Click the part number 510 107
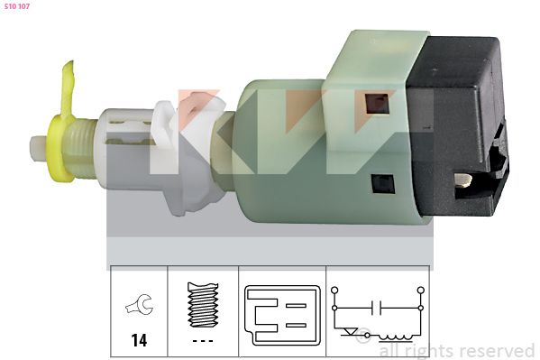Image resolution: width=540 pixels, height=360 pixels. click(x=18, y=7)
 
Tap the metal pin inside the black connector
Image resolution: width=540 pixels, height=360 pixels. click(x=463, y=181)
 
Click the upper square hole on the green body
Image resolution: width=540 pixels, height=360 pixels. click(x=376, y=102)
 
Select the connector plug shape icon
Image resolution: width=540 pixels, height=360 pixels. click(x=281, y=315)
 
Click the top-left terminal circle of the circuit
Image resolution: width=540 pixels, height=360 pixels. click(x=335, y=290)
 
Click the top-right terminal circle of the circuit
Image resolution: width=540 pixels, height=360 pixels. click(x=421, y=290)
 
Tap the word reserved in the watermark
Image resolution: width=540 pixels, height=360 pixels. click(x=496, y=350)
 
